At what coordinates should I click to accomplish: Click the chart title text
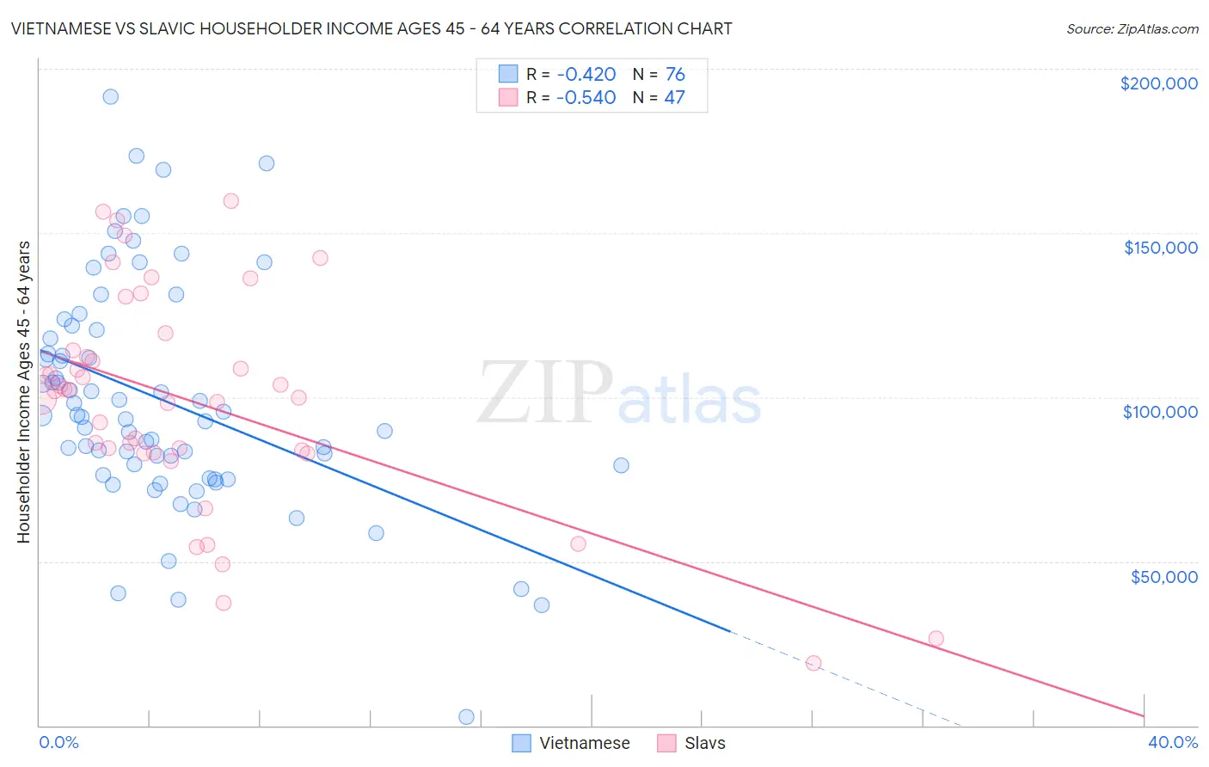[371, 28]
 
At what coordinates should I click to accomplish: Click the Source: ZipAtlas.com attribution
[1132, 28]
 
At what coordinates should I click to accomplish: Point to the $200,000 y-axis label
[1158, 83]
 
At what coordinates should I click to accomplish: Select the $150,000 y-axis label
[1160, 248]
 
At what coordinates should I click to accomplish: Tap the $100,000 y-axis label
[1160, 412]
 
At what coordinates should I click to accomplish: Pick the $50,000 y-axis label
[1163, 576]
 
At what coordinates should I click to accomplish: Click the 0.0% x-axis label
[58, 742]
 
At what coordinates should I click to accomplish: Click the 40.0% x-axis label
[1172, 742]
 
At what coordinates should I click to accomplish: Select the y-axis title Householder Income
[24, 391]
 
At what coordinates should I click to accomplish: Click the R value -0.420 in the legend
[586, 74]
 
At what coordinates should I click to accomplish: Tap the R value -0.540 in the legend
[586, 97]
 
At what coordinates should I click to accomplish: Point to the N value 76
[675, 74]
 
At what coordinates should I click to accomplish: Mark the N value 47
[675, 97]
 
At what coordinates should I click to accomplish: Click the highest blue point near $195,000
[110, 96]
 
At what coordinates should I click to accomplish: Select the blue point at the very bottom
[466, 716]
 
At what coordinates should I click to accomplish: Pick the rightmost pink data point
[936, 638]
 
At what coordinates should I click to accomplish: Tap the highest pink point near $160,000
[230, 200]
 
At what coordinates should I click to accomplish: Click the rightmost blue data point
[621, 465]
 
